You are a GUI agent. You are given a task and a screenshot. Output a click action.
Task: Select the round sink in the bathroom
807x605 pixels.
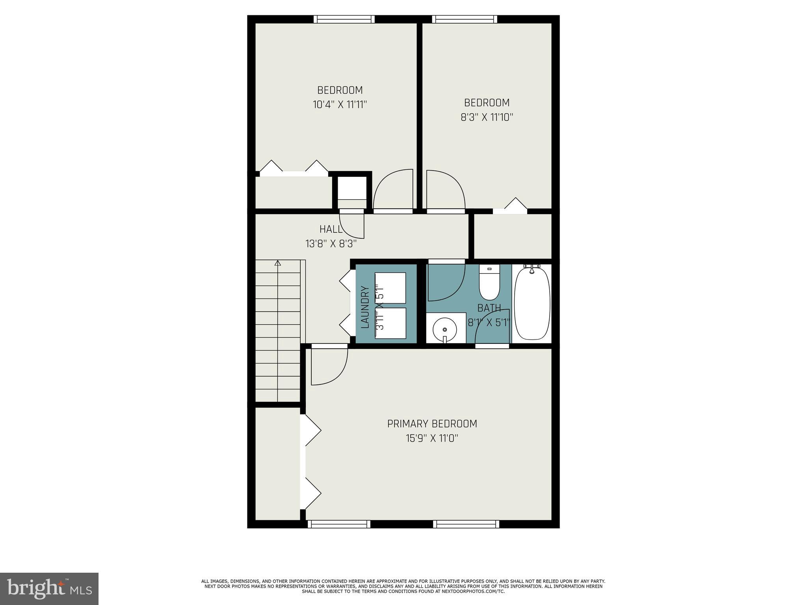click(x=445, y=329)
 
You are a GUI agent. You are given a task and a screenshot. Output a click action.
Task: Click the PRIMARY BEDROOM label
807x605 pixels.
click(x=432, y=424)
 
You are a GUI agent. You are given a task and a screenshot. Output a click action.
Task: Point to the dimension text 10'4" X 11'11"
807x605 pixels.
click(x=340, y=105)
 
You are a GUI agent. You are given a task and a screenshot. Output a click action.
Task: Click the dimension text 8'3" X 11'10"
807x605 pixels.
click(x=487, y=117)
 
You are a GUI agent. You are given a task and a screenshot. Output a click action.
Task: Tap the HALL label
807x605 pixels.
click(x=331, y=229)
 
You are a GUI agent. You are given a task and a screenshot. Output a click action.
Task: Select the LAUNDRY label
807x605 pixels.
click(x=365, y=308)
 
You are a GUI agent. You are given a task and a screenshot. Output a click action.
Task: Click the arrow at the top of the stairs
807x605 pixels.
click(x=278, y=263)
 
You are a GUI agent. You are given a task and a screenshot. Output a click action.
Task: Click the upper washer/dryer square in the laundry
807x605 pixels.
click(x=390, y=288)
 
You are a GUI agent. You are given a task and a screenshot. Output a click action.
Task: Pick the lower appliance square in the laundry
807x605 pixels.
click(x=390, y=323)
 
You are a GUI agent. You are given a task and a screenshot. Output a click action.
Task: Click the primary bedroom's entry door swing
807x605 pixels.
click(x=327, y=366)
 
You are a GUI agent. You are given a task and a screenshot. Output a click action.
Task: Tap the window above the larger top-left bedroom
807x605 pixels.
click(x=344, y=19)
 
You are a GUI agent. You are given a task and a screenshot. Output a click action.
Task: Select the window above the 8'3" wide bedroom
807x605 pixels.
click(x=464, y=19)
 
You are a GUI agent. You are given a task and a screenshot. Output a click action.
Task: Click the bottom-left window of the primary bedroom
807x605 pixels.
click(x=339, y=524)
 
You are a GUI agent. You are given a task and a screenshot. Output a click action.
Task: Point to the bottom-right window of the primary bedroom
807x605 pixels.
click(x=466, y=524)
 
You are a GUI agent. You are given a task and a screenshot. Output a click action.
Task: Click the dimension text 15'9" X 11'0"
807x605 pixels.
click(x=432, y=438)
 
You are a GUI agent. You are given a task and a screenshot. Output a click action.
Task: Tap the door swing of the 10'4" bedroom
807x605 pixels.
click(x=392, y=191)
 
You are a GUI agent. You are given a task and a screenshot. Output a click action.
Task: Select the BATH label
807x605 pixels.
click(x=489, y=308)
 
